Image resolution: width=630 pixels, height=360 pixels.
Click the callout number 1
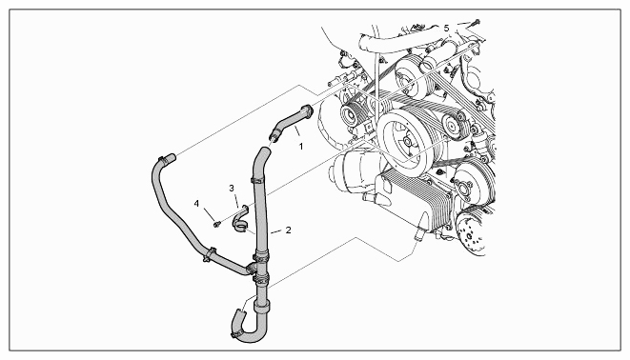[301, 147]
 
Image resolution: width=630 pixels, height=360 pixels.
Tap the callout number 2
[288, 230]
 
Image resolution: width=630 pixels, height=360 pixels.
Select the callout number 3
[232, 188]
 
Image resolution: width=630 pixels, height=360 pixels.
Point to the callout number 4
[196, 204]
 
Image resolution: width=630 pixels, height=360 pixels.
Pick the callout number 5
[446, 29]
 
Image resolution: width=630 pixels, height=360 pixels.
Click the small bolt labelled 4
[217, 224]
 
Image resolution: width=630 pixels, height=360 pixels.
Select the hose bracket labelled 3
[240, 220]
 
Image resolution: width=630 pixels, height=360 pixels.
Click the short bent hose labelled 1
[291, 122]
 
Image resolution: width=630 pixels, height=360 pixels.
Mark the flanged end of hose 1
[308, 110]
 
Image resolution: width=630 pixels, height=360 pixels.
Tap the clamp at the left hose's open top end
[163, 160]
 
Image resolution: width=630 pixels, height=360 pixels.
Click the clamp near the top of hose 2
[256, 179]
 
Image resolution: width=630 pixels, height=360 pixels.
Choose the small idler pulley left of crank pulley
[350, 114]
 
